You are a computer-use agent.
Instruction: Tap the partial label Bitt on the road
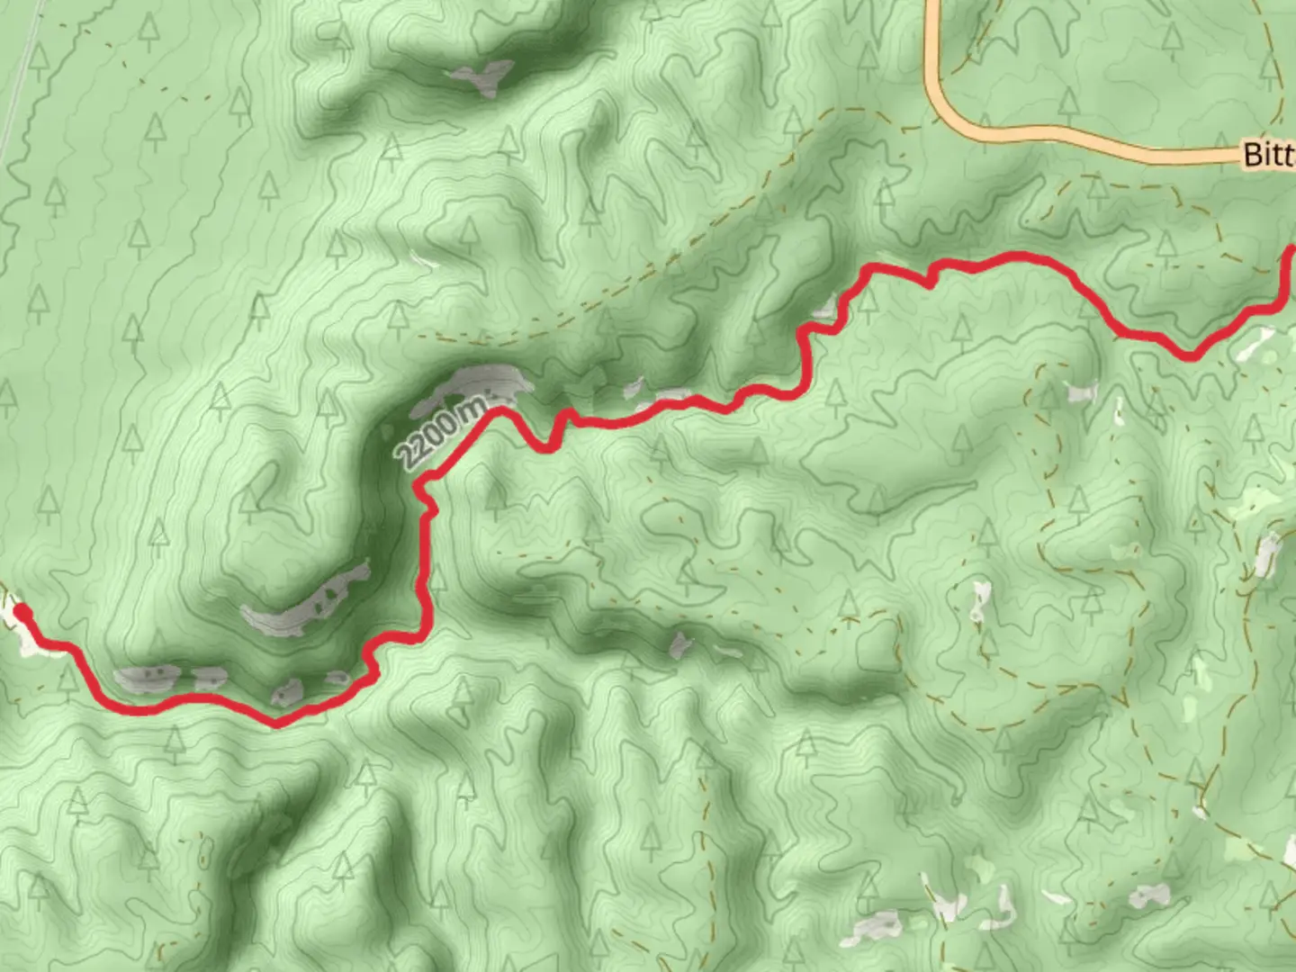click(x=1269, y=154)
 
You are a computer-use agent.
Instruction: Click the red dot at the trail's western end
click(x=23, y=613)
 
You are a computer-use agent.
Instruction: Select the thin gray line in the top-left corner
click(x=23, y=81)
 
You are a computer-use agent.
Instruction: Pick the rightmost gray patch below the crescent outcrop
click(x=337, y=677)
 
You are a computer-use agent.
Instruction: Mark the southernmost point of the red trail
click(x=277, y=723)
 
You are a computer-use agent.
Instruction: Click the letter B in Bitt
click(x=1252, y=154)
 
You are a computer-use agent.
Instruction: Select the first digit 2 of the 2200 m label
click(x=407, y=457)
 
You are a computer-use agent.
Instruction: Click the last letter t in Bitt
click(x=1289, y=154)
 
